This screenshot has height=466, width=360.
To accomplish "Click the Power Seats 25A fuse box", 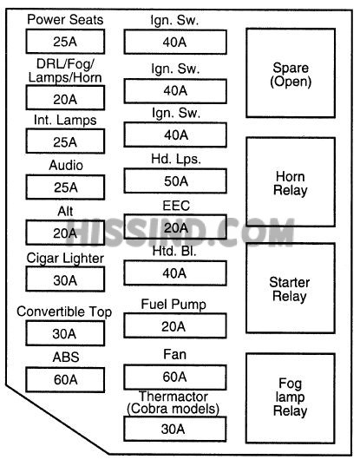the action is pos(65,42).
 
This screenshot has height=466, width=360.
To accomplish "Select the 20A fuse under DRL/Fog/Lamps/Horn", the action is pos(65,98).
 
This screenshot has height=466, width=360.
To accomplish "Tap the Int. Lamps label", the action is pos(65,121).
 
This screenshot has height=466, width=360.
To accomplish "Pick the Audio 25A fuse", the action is pos(65,187).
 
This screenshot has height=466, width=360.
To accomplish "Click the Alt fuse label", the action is pos(65,211).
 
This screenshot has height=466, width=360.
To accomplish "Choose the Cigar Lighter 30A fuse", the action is pos(65,279).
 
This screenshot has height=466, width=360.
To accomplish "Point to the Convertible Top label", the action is pos(64,312).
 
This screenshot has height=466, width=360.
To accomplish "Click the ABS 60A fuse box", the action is pos(65,379).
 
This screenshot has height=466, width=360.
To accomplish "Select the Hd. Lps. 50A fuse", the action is pos(175,181).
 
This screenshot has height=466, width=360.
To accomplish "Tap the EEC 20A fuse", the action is pos(175,226).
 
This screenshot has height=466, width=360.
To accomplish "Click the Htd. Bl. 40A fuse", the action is pos(175,273).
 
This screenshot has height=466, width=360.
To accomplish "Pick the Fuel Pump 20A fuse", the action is pos(175,325).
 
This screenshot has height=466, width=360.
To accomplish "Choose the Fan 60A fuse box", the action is pos(175,377).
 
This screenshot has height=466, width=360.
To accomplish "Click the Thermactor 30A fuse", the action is pos(175,429).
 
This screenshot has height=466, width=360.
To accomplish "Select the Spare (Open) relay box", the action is pos(291,73).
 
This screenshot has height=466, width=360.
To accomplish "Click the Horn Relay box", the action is pos(291,182).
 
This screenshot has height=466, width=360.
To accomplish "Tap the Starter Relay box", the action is pos(291,288).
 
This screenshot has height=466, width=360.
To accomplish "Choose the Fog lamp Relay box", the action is pos(291,398).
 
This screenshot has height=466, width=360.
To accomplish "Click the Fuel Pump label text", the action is pos(173,305).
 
